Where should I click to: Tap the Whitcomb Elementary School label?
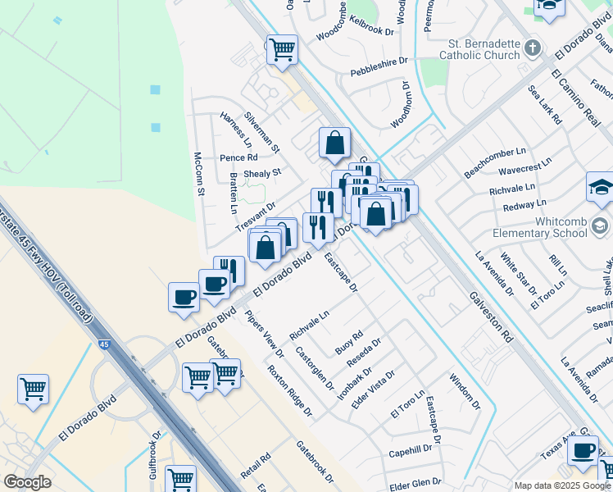coord(539,227)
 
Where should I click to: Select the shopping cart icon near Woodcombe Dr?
coord(282,49)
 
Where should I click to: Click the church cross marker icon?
coord(533,46)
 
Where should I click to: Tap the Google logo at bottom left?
coord(27,482)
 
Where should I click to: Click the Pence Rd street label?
coord(238,157)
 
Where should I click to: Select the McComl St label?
coord(198,174)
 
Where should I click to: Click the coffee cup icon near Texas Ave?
coord(583,450)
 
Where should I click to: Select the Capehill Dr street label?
coord(410,450)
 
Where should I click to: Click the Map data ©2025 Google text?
coord(562,485)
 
